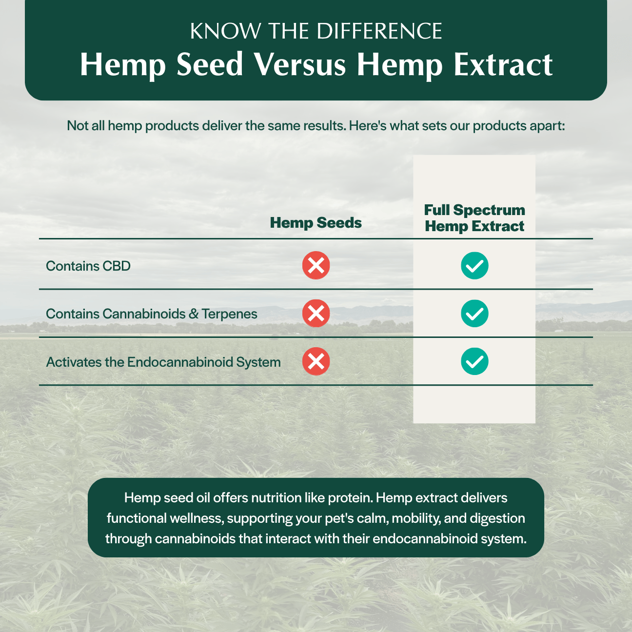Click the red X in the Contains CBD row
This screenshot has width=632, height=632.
tap(316, 265)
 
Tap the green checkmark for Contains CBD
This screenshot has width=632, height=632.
tap(474, 265)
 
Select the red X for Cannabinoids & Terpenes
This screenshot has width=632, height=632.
tap(316, 313)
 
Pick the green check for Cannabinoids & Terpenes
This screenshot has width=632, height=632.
tap(474, 313)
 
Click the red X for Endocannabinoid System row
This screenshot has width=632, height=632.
tap(316, 361)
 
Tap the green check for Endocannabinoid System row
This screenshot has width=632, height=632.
tap(474, 361)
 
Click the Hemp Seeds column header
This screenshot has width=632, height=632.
tap(316, 223)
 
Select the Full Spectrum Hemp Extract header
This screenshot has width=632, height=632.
tap(474, 218)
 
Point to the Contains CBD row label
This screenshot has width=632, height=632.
tap(88, 266)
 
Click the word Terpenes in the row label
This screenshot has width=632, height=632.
tap(229, 314)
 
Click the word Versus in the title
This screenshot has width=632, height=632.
tap(300, 64)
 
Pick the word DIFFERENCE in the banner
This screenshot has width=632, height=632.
tap(379, 32)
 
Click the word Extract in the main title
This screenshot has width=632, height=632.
tap(503, 65)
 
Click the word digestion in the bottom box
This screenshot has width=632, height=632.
tap(497, 518)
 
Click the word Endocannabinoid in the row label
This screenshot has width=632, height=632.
tap(180, 362)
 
